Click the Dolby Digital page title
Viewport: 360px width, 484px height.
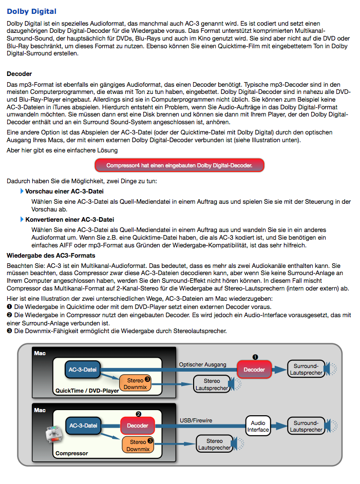(32, 11)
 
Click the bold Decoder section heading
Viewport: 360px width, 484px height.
(20, 74)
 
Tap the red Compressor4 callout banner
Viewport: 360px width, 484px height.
(179, 165)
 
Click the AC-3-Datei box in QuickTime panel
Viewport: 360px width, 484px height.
(83, 370)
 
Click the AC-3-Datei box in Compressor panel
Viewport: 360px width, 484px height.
(83, 425)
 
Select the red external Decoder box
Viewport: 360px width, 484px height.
(254, 370)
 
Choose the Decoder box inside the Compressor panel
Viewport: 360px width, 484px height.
(138, 425)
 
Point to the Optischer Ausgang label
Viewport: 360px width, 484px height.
(202, 365)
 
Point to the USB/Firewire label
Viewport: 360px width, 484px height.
(196, 421)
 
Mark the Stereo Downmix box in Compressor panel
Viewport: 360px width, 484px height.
(138, 445)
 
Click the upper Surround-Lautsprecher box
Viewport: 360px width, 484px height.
(306, 370)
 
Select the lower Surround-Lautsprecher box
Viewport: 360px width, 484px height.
(306, 426)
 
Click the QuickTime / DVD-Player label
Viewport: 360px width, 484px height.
(86, 391)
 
